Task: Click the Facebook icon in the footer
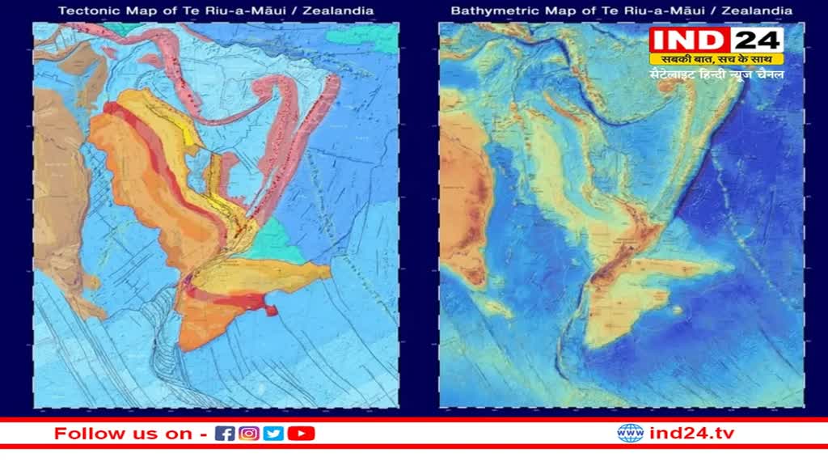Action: tap(226, 434)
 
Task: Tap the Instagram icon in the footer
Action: tap(249, 434)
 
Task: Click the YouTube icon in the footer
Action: tap(301, 434)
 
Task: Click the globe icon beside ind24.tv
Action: tap(631, 434)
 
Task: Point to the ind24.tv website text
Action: tap(692, 434)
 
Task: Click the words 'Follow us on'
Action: tap(123, 434)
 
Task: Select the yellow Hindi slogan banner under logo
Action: tap(716, 59)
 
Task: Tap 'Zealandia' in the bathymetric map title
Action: tap(756, 11)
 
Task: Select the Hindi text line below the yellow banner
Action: tap(716, 74)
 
